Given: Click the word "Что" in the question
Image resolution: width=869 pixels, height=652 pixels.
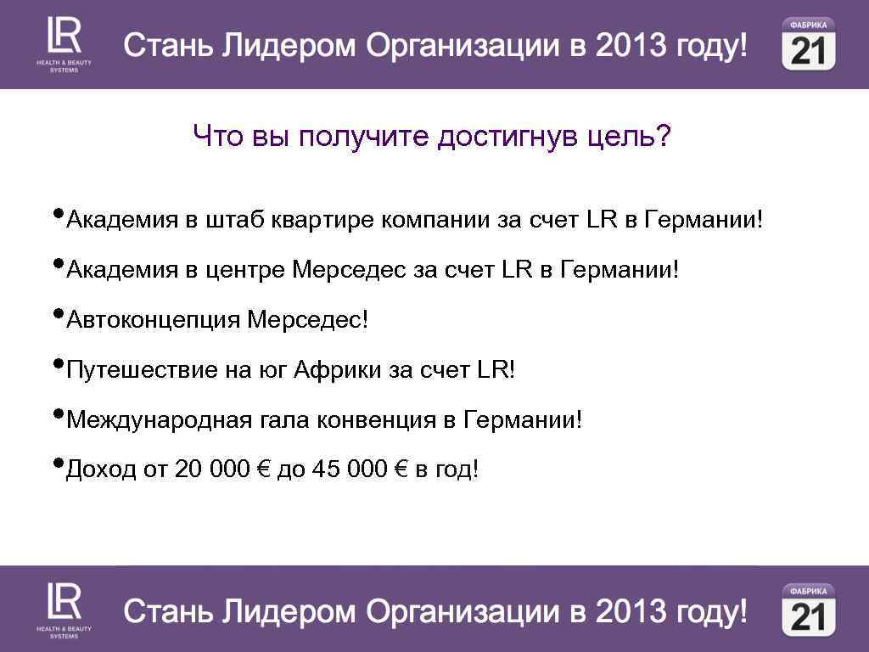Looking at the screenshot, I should [218, 136].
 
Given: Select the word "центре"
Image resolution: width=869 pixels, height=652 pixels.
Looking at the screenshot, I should [246, 271].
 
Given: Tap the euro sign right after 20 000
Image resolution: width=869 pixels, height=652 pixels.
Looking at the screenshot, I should [263, 469].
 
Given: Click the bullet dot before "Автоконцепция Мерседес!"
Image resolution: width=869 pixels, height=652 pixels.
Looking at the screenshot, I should [58, 313].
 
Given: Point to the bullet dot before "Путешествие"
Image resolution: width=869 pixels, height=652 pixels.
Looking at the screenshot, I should [58, 363].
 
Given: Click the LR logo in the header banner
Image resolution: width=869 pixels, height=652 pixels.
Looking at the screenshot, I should [64, 42].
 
